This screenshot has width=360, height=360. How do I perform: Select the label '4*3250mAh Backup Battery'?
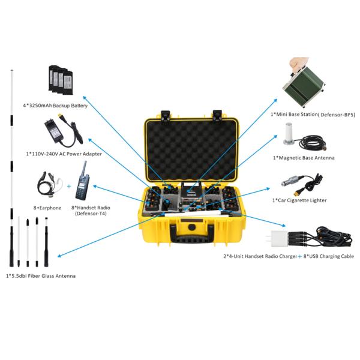pyautogui.click(x=55, y=106)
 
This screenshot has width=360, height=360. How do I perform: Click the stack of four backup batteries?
pyautogui.click(x=61, y=80)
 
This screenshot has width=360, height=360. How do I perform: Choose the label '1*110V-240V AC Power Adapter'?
pyautogui.click(x=64, y=154)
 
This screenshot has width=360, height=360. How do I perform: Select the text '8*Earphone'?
pyautogui.click(x=47, y=208)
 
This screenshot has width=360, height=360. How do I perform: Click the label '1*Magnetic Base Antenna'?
pyautogui.click(x=304, y=158)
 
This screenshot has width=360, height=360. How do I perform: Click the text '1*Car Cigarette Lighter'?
pyautogui.click(x=299, y=200)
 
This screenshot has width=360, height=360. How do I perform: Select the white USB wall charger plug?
pyautogui.click(x=278, y=239)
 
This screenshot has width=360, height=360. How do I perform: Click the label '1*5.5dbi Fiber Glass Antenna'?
pyautogui.click(x=41, y=276)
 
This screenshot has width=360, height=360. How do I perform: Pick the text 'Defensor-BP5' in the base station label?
pyautogui.click(x=338, y=115)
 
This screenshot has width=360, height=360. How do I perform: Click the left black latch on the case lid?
pyautogui.click(x=166, y=115)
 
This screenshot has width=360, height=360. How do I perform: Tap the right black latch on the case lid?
pyautogui.click(x=217, y=115)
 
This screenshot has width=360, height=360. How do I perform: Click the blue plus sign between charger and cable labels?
pyautogui.click(x=300, y=256)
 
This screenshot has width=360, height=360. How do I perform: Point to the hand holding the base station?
pyautogui.click(x=298, y=63)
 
